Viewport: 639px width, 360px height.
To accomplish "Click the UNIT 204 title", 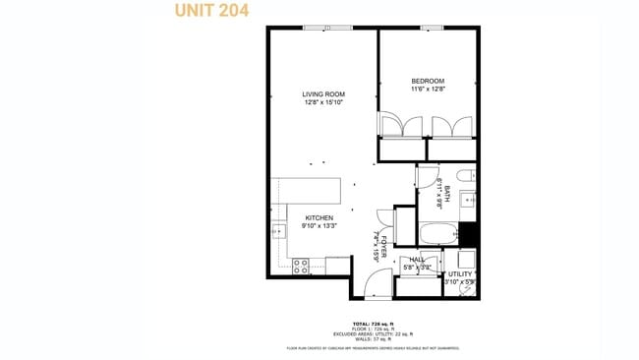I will pyautogui.click(x=210, y=12).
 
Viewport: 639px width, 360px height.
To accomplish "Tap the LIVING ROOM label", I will pyautogui.click(x=323, y=94).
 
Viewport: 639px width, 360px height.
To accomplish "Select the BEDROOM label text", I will pyautogui.click(x=428, y=81).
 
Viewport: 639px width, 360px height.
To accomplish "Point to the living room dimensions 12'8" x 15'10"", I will pyautogui.click(x=323, y=102).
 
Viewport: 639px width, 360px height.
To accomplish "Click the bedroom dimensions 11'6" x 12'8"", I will pyautogui.click(x=428, y=89).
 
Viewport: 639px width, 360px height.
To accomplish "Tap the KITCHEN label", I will pyautogui.click(x=319, y=217).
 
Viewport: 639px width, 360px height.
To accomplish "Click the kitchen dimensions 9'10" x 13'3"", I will pyautogui.click(x=319, y=225).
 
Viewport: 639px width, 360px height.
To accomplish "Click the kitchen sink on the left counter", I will pyautogui.click(x=277, y=232).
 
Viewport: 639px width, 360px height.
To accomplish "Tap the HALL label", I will pyautogui.click(x=417, y=260).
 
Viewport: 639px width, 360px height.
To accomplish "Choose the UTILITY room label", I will pyautogui.click(x=460, y=274).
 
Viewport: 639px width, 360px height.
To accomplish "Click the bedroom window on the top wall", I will pyautogui.click(x=430, y=28).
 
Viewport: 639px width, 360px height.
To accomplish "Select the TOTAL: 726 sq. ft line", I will pyautogui.click(x=374, y=323).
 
